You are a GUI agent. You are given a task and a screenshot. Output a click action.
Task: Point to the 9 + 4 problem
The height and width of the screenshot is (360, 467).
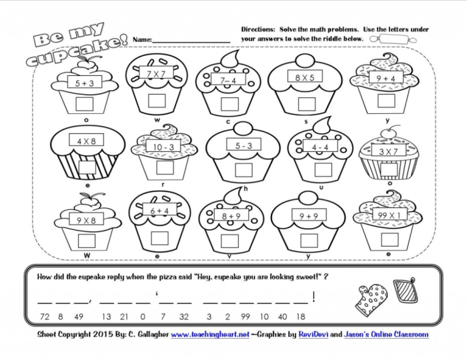tap(387, 79)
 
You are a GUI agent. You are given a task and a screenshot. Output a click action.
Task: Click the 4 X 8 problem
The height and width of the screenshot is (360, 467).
tap(87, 141)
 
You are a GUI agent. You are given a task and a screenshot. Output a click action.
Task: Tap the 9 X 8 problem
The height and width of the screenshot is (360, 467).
tap(87, 219)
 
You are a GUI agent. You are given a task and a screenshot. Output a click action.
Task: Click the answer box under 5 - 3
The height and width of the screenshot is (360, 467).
tap(235, 167)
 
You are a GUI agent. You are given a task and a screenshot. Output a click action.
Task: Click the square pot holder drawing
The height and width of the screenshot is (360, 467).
tap(404, 291)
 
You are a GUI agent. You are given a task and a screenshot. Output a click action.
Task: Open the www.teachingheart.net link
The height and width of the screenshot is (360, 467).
tap(211, 334)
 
